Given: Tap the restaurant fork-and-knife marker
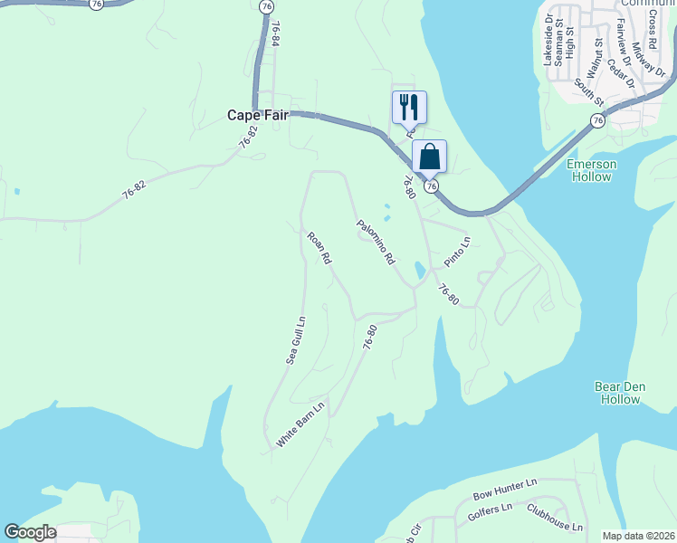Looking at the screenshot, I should (x=408, y=107).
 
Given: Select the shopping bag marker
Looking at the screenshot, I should (x=429, y=156).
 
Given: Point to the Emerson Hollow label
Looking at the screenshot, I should (x=591, y=170).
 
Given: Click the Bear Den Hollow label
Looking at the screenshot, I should (x=620, y=393).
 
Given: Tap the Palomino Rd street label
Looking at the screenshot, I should (x=376, y=242).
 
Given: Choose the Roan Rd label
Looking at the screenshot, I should (x=319, y=248).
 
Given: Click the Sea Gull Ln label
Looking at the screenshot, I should (x=295, y=339).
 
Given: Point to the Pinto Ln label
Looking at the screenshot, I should (x=458, y=252).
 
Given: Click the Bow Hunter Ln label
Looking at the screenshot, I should (x=505, y=491).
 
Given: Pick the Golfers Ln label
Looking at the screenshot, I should (x=491, y=511).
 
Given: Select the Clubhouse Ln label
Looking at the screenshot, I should (x=555, y=517).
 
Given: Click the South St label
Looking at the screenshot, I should (x=587, y=90).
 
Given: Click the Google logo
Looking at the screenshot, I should (x=30, y=532).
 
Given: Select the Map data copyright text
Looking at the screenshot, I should (x=638, y=536).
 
